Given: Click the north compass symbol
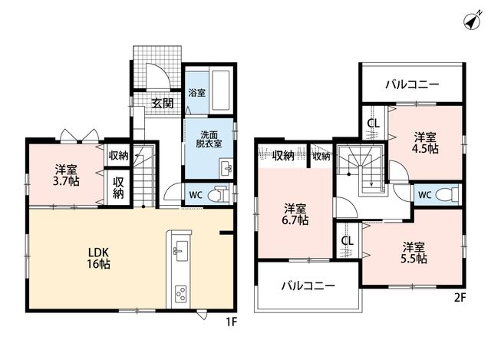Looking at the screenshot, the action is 473,21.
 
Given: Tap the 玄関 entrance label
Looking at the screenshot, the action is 162,103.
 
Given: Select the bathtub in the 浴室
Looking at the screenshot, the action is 221,91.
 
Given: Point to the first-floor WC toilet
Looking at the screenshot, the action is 219,194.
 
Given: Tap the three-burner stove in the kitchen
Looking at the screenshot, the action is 181,293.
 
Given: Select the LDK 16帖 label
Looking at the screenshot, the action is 99,258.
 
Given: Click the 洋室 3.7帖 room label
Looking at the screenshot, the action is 66,176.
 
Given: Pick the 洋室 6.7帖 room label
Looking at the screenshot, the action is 295,215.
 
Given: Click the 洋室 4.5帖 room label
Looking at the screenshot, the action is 425,143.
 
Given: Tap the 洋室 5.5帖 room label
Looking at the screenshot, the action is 414,253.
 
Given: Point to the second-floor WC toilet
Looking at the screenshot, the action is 447,194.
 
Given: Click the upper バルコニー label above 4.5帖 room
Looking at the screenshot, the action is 412,84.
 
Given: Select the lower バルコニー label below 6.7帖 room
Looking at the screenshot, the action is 308,286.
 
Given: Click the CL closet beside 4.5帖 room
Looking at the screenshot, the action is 374,124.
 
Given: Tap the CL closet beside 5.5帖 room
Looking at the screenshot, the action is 348,240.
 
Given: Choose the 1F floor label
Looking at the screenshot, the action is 232,322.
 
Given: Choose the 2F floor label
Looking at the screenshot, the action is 460,297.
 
